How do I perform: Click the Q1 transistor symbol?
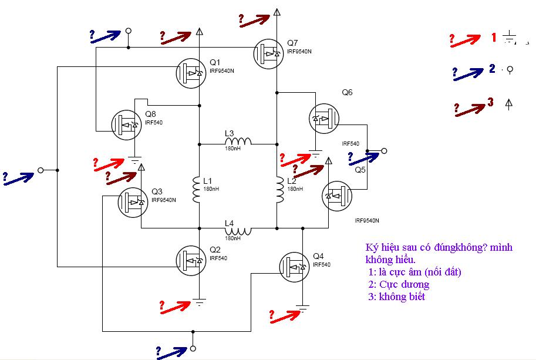click(x=191, y=73)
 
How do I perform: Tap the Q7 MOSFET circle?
click(x=269, y=53)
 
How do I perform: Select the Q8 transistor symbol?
click(x=126, y=125)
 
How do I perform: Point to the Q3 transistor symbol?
click(x=133, y=203)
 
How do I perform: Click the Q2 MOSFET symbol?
click(x=191, y=261)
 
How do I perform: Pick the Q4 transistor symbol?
click(x=294, y=267)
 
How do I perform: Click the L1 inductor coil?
click(x=196, y=190)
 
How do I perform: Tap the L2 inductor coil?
click(x=280, y=190)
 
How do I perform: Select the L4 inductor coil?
click(x=238, y=231)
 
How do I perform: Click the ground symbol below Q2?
click(x=199, y=302)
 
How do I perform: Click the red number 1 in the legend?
click(x=494, y=37)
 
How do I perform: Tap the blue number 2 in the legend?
click(x=492, y=68)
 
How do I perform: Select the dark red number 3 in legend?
click(x=491, y=102)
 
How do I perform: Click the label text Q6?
click(x=347, y=92)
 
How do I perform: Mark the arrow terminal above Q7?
click(x=277, y=12)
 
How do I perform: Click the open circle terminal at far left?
click(x=41, y=170)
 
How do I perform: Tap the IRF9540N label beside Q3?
click(x=164, y=200)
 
